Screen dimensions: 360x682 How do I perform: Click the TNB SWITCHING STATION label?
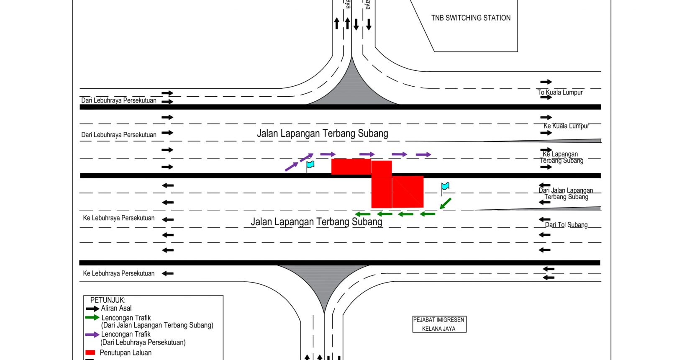(471, 18)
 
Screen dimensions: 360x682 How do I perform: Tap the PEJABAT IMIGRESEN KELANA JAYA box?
(439, 324)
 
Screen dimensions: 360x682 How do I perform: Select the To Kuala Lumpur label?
(560, 93)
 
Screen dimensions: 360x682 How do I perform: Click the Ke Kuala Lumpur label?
(566, 126)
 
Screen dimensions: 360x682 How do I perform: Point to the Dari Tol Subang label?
(566, 225)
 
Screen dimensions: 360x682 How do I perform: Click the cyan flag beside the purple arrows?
(310, 165)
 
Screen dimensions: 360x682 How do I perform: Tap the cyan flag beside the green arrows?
(445, 186)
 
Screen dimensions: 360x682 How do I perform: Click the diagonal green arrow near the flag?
(446, 203)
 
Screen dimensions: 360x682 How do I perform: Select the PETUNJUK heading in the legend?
(108, 300)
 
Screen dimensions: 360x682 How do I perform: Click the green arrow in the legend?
(92, 318)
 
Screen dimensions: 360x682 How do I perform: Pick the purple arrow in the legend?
(92, 334)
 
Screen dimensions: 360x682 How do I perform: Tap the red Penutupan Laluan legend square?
(90, 353)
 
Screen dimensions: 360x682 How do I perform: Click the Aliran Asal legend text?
(116, 309)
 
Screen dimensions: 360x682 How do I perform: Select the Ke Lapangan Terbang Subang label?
(561, 157)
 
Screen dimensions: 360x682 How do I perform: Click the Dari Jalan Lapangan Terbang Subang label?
(566, 194)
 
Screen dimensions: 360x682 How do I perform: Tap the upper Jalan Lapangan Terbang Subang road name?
(322, 134)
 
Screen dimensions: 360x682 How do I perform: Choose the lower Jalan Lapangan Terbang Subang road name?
(316, 222)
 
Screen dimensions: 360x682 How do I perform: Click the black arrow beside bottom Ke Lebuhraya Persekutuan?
(168, 273)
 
